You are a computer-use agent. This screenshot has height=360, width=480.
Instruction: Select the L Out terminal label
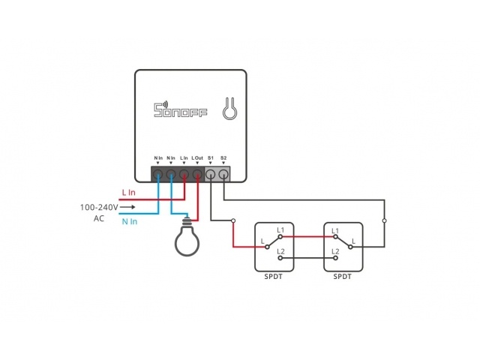[197, 157]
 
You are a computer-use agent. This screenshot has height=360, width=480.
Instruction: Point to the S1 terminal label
[211, 157]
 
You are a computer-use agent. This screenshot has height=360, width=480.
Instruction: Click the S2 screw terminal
[223, 175]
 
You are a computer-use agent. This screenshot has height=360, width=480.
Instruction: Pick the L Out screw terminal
[197, 175]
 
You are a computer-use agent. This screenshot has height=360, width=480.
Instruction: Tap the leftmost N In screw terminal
[158, 175]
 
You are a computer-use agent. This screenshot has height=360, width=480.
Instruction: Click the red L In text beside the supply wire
[129, 193]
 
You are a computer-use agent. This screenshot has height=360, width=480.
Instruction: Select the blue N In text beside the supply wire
[129, 221]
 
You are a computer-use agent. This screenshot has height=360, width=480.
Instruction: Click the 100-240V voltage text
[99, 207]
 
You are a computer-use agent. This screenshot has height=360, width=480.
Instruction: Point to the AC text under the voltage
[99, 218]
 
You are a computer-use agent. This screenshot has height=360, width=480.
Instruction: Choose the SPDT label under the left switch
[274, 277]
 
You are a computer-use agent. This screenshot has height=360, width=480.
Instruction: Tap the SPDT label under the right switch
[342, 277]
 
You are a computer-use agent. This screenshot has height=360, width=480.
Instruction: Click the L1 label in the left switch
[280, 229]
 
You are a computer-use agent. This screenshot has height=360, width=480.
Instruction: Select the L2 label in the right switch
[335, 250]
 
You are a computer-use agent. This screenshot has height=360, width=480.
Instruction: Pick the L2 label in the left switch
[280, 250]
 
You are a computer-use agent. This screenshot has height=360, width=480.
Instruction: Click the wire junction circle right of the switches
[385, 220]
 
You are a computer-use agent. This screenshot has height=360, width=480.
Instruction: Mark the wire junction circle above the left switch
[233, 220]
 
